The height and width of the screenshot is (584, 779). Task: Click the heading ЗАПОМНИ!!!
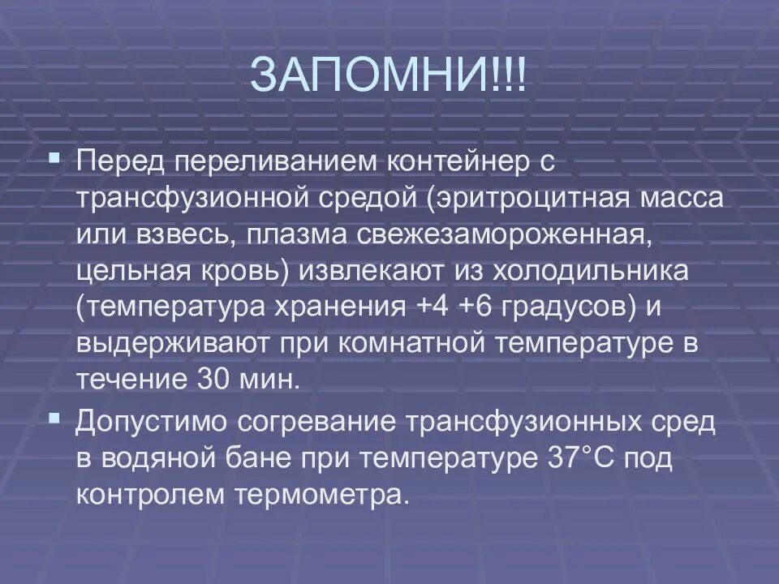tap(389, 76)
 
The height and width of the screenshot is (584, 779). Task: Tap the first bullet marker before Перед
tap(54, 154)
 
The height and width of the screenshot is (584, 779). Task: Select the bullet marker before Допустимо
tap(54, 418)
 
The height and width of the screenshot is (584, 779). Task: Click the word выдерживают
tap(170, 344)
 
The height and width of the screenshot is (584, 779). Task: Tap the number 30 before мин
tap(214, 380)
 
